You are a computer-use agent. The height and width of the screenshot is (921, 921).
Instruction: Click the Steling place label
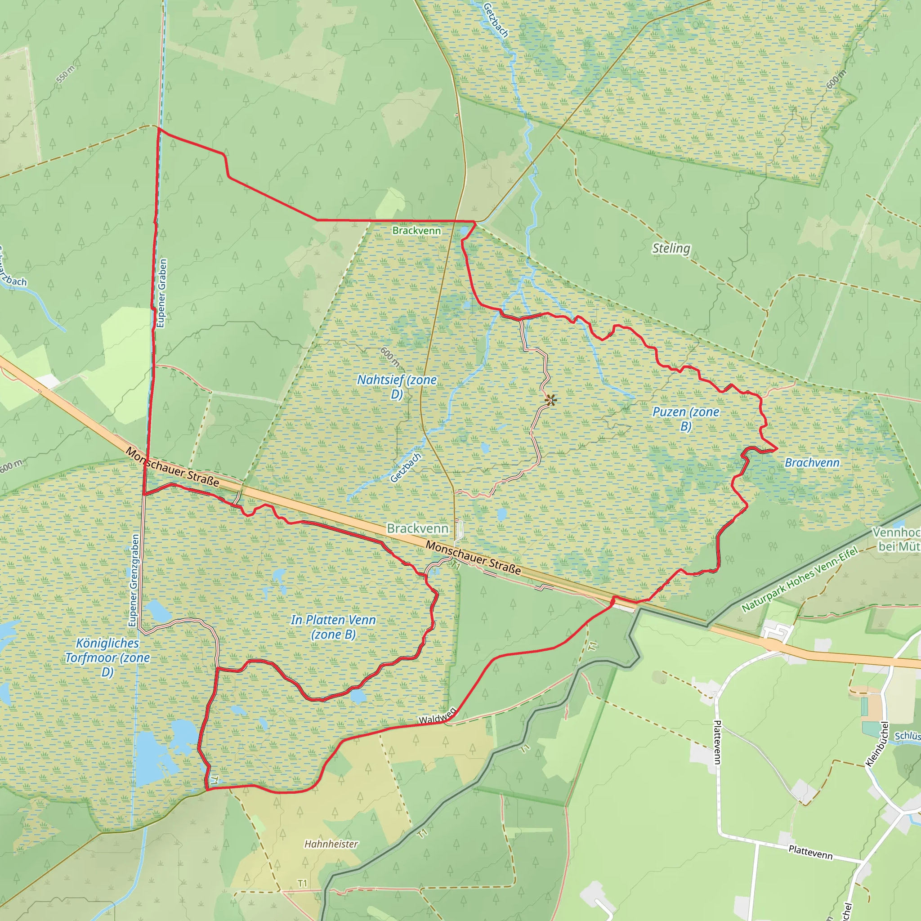tap(671, 248)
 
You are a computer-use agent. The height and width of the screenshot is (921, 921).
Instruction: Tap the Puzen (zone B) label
tap(685, 419)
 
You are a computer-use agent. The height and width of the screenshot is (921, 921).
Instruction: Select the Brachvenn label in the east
tap(812, 462)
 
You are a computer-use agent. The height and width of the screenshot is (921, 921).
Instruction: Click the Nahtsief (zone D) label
tap(397, 387)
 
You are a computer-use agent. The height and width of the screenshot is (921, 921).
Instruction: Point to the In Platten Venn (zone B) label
tap(333, 627)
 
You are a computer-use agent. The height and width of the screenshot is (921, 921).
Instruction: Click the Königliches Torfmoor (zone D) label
tap(108, 657)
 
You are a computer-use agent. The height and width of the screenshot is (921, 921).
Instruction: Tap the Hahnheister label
tap(331, 844)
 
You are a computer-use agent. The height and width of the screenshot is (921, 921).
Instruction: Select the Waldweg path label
tap(437, 716)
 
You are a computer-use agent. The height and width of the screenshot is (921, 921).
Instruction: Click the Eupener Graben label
tap(162, 293)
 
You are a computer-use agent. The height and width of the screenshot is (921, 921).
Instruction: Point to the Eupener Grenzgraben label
tap(134, 580)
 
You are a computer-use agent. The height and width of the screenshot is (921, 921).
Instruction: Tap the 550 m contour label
tap(65, 75)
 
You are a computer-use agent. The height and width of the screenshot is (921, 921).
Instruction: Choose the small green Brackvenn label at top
tap(416, 231)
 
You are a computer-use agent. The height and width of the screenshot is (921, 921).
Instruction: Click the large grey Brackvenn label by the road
tap(418, 528)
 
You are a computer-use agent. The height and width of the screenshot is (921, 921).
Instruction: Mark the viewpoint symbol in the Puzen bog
tap(550, 400)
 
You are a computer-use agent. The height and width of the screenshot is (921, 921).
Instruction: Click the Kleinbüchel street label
tap(877, 744)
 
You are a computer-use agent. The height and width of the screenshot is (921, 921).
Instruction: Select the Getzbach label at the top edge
tap(496, 20)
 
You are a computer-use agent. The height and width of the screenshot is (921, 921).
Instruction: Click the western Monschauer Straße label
tap(173, 467)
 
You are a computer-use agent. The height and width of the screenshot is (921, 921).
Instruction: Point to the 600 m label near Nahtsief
tap(389, 357)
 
